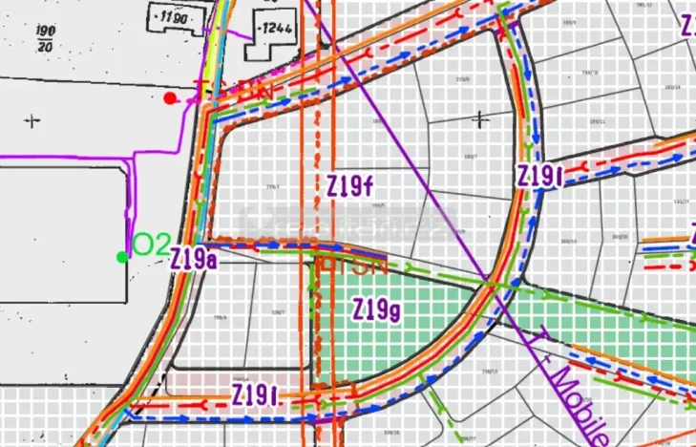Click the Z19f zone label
click(348, 185)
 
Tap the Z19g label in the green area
click(375, 310)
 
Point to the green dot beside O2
click(121, 256)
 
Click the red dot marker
click(170, 97)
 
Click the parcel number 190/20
click(44, 37)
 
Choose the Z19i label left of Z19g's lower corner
click(255, 394)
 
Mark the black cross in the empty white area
click(34, 120)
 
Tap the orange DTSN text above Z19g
click(350, 266)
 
